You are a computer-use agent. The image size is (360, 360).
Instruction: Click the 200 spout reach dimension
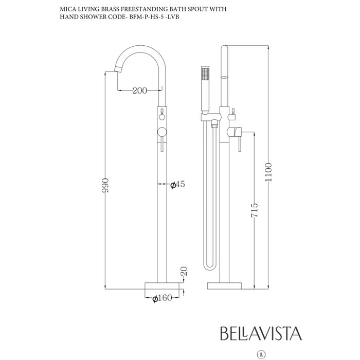[139, 91]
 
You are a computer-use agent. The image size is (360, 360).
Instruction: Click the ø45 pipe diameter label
[177, 185]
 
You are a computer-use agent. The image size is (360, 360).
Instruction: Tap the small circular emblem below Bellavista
[262, 354]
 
